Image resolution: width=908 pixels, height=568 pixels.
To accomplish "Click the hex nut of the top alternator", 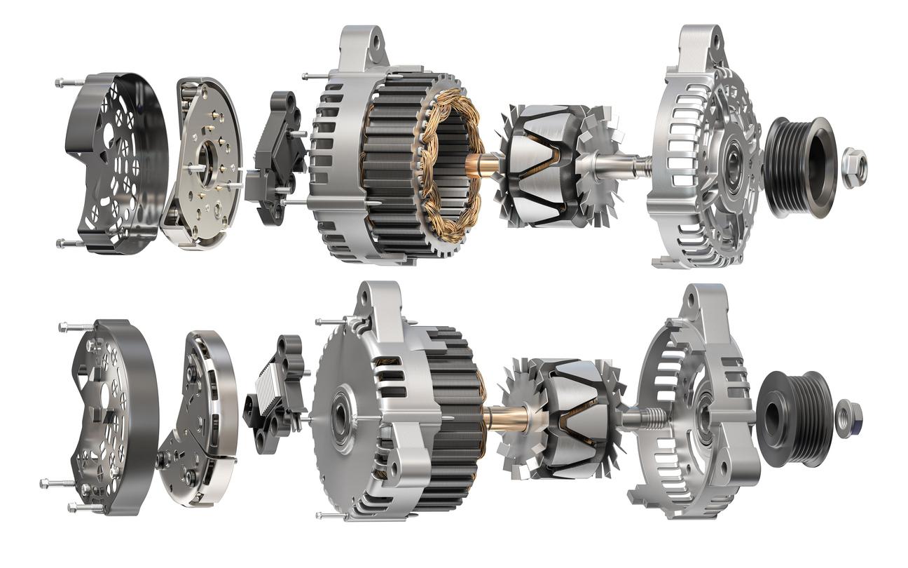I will coord(854,168).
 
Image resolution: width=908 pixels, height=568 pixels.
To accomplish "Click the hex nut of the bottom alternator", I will coord(848,418).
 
